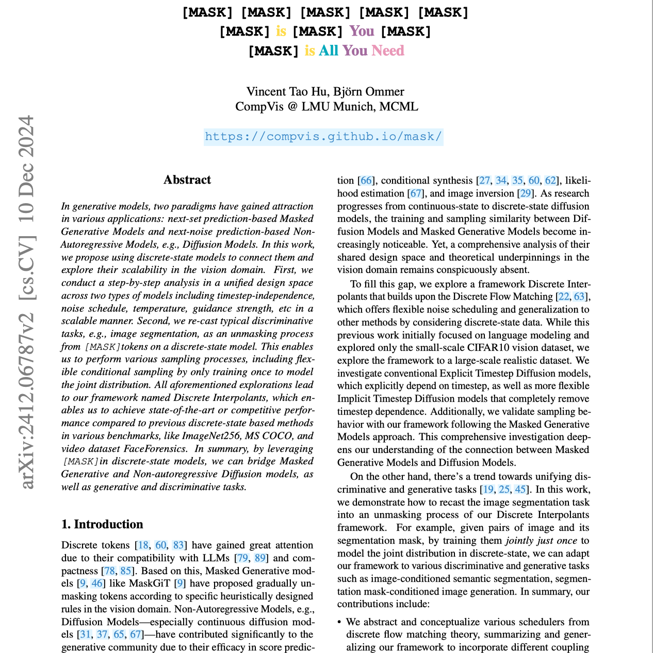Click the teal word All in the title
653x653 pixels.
329,51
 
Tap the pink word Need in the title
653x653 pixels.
388,51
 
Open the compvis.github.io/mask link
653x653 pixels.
323,137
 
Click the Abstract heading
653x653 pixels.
187,180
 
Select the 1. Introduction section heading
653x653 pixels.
102,525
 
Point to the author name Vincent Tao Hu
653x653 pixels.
287,92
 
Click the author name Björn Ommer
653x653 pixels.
369,92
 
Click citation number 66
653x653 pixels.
366,181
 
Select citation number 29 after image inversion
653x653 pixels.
525,193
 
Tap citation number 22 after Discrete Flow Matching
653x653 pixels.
563,297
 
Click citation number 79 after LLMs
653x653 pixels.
242,558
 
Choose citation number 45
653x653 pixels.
520,489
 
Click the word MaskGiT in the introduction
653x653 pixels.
153,583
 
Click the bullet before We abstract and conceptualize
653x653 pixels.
339,622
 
